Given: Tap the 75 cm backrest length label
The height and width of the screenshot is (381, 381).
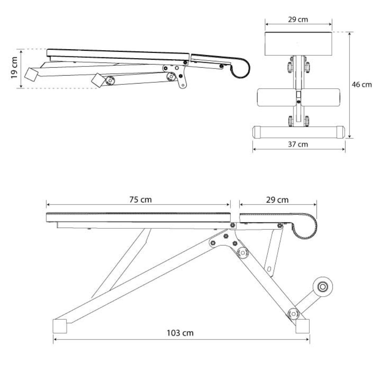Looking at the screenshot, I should [140, 200].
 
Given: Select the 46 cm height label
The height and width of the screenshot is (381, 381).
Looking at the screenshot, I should [362, 85].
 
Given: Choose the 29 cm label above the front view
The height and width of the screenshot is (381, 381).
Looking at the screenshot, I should [298, 19].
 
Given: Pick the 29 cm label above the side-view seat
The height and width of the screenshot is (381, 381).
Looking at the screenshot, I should [277, 200].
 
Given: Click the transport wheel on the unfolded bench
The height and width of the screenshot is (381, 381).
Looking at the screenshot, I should [323, 287].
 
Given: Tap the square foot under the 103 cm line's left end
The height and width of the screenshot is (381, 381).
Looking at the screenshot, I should [60, 326].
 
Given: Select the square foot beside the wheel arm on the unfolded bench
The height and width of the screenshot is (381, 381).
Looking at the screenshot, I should [302, 326].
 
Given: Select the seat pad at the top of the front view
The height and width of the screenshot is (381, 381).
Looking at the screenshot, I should [298, 44].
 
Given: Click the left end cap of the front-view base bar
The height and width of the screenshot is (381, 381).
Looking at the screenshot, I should [257, 132].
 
